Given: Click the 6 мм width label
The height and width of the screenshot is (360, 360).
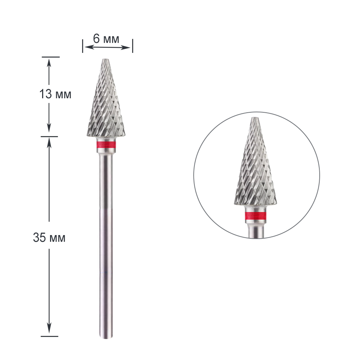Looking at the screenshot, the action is tap(106, 39).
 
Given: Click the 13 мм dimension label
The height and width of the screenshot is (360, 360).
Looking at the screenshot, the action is tap(55, 94).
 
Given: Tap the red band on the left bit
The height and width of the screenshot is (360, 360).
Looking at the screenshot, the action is tap(106, 145).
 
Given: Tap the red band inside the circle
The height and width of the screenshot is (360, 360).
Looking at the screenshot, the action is tap(256, 216).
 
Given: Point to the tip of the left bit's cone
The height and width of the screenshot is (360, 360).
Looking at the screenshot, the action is tap(106, 59).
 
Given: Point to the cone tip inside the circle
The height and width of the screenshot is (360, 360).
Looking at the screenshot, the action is tap(256, 118).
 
